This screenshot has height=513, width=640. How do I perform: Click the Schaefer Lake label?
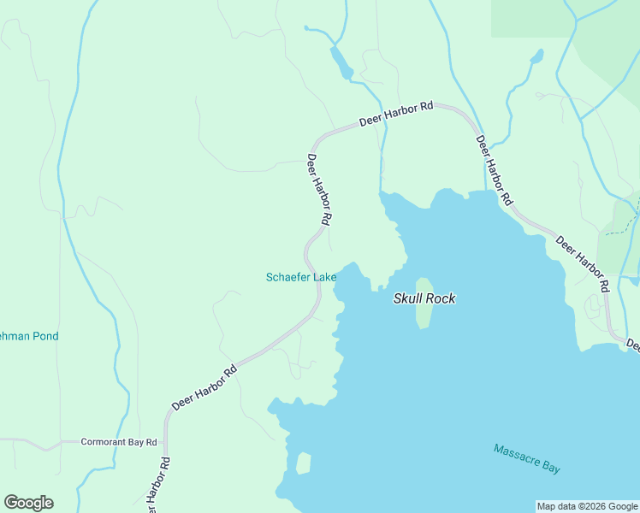click(300, 277)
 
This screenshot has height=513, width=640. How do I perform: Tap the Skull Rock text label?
click(424, 298)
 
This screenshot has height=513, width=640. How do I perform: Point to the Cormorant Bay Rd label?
click(119, 442)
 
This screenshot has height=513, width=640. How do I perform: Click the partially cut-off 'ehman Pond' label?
click(29, 336)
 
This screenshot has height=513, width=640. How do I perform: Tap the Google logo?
click(28, 502)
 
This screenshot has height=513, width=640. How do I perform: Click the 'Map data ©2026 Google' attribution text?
click(587, 506)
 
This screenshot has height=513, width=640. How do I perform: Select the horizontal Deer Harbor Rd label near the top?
click(396, 115)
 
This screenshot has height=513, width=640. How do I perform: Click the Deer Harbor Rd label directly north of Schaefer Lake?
click(318, 189)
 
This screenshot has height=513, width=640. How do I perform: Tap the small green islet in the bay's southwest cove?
click(303, 463)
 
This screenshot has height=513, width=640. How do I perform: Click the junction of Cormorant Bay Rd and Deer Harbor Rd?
click(165, 442)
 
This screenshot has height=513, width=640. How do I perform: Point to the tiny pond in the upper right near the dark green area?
click(536, 57)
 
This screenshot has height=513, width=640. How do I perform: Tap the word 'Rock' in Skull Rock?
click(440, 298)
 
